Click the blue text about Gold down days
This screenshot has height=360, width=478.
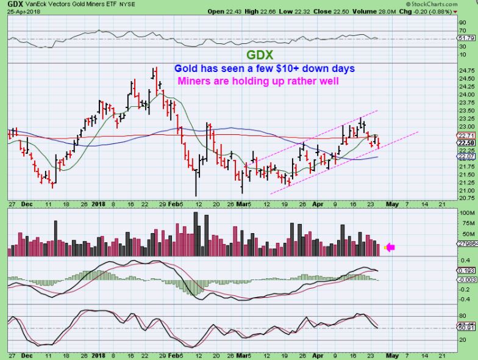[264, 68]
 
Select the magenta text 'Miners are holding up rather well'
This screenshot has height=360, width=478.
[257, 81]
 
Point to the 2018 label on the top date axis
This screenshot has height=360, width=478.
[99, 204]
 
